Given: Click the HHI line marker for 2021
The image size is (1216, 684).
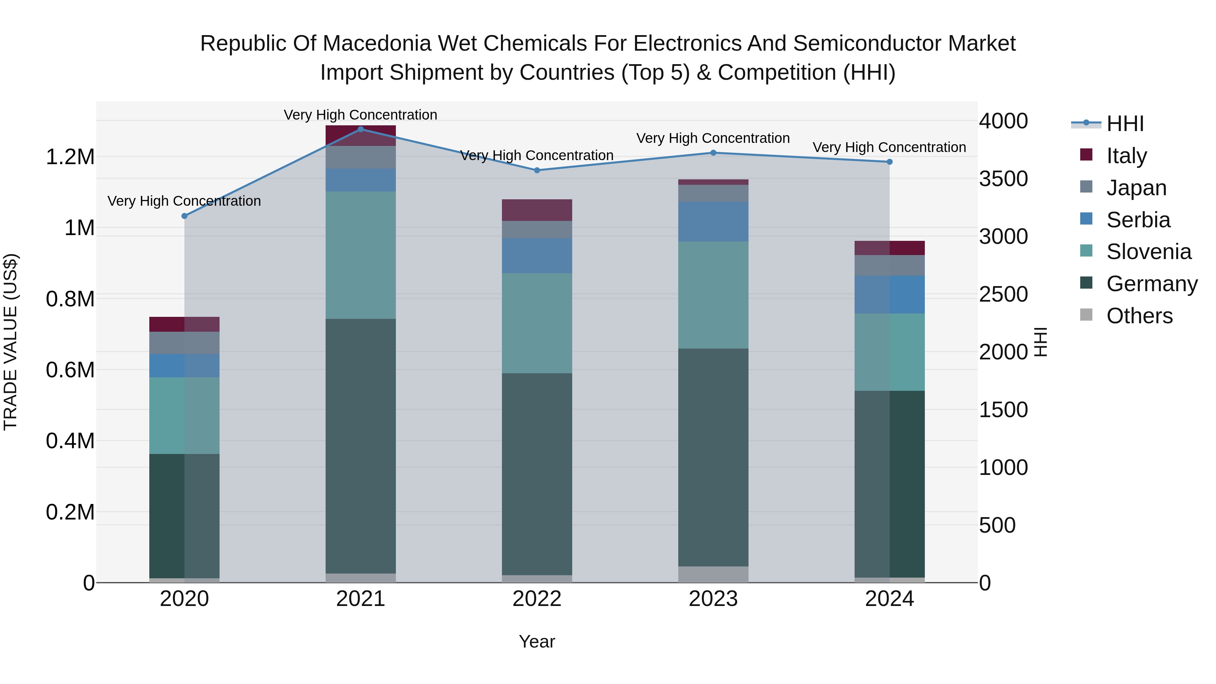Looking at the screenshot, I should [361, 129].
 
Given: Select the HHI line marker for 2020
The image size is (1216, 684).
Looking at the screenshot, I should [184, 216].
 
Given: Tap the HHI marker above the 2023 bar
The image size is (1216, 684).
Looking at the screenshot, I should [713, 152].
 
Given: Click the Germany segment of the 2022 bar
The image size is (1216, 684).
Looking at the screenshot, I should [537, 474].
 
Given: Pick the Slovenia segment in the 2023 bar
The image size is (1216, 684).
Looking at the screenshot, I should [713, 295].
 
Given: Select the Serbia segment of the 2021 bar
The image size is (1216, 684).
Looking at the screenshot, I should [361, 180].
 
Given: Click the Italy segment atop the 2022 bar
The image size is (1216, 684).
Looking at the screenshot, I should [537, 210].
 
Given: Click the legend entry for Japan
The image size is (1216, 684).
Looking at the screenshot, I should [1136, 187].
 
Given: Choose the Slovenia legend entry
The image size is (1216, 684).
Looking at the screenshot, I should [1148, 252].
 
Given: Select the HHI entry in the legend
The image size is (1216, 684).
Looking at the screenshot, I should [1124, 124].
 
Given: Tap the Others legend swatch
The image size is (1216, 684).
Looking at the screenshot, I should [1086, 315].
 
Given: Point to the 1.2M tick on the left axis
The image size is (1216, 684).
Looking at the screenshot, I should [70, 157].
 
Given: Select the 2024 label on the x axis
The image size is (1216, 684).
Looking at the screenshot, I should [889, 599].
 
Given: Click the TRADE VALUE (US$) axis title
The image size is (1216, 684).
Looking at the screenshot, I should [10, 342].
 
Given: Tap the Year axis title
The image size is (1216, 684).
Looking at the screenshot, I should [537, 641].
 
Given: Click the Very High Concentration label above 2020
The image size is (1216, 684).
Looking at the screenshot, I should [184, 201].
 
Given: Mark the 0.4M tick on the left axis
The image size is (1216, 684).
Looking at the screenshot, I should [70, 441].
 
